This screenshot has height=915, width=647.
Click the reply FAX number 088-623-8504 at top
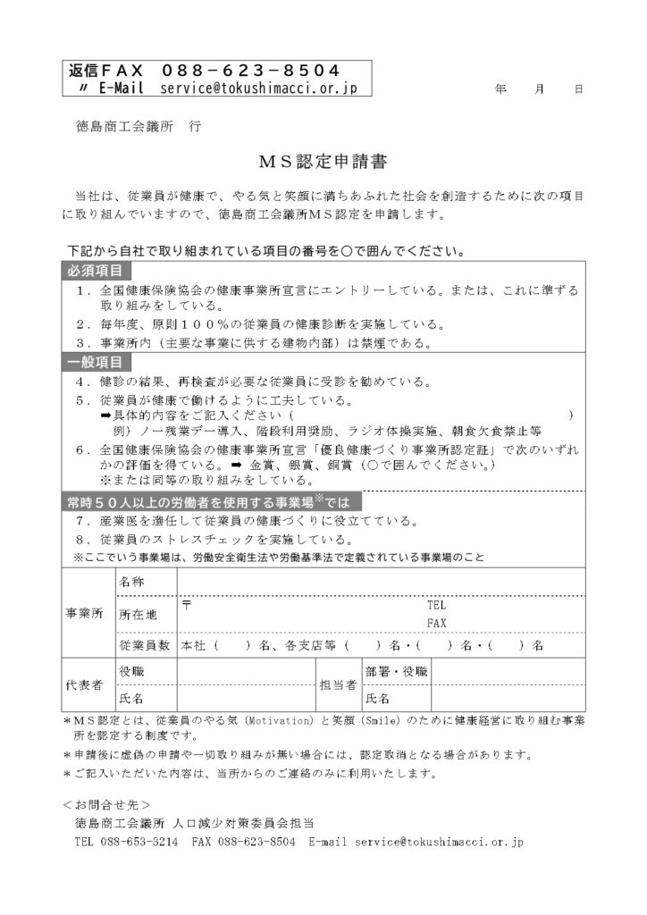click(x=250, y=71)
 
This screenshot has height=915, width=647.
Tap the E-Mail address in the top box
click(x=258, y=88)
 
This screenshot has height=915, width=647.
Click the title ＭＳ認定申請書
click(x=323, y=162)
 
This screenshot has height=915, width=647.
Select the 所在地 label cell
click(x=138, y=615)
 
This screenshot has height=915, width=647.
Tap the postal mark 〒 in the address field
click(x=187, y=605)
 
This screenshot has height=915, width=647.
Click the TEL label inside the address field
click(x=436, y=605)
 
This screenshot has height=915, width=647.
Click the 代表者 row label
click(x=85, y=685)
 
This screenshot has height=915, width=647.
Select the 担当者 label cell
click(x=339, y=685)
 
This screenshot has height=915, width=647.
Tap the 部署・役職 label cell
click(x=396, y=671)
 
